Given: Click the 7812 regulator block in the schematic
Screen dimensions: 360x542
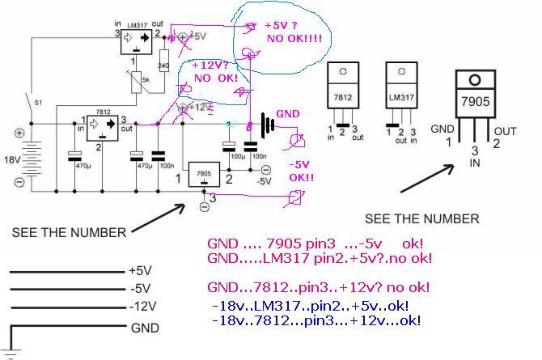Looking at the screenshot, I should tap(103, 125).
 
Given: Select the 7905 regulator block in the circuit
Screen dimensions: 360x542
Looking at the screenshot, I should tap(201, 175).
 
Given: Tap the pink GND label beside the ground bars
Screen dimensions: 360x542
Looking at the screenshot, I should tap(289, 113).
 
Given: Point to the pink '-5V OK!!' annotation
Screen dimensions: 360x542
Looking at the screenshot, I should tap(302, 170).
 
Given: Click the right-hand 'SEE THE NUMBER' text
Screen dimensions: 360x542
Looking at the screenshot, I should tap(422, 218).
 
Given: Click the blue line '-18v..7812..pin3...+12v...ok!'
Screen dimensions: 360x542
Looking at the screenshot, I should tap(315, 321).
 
